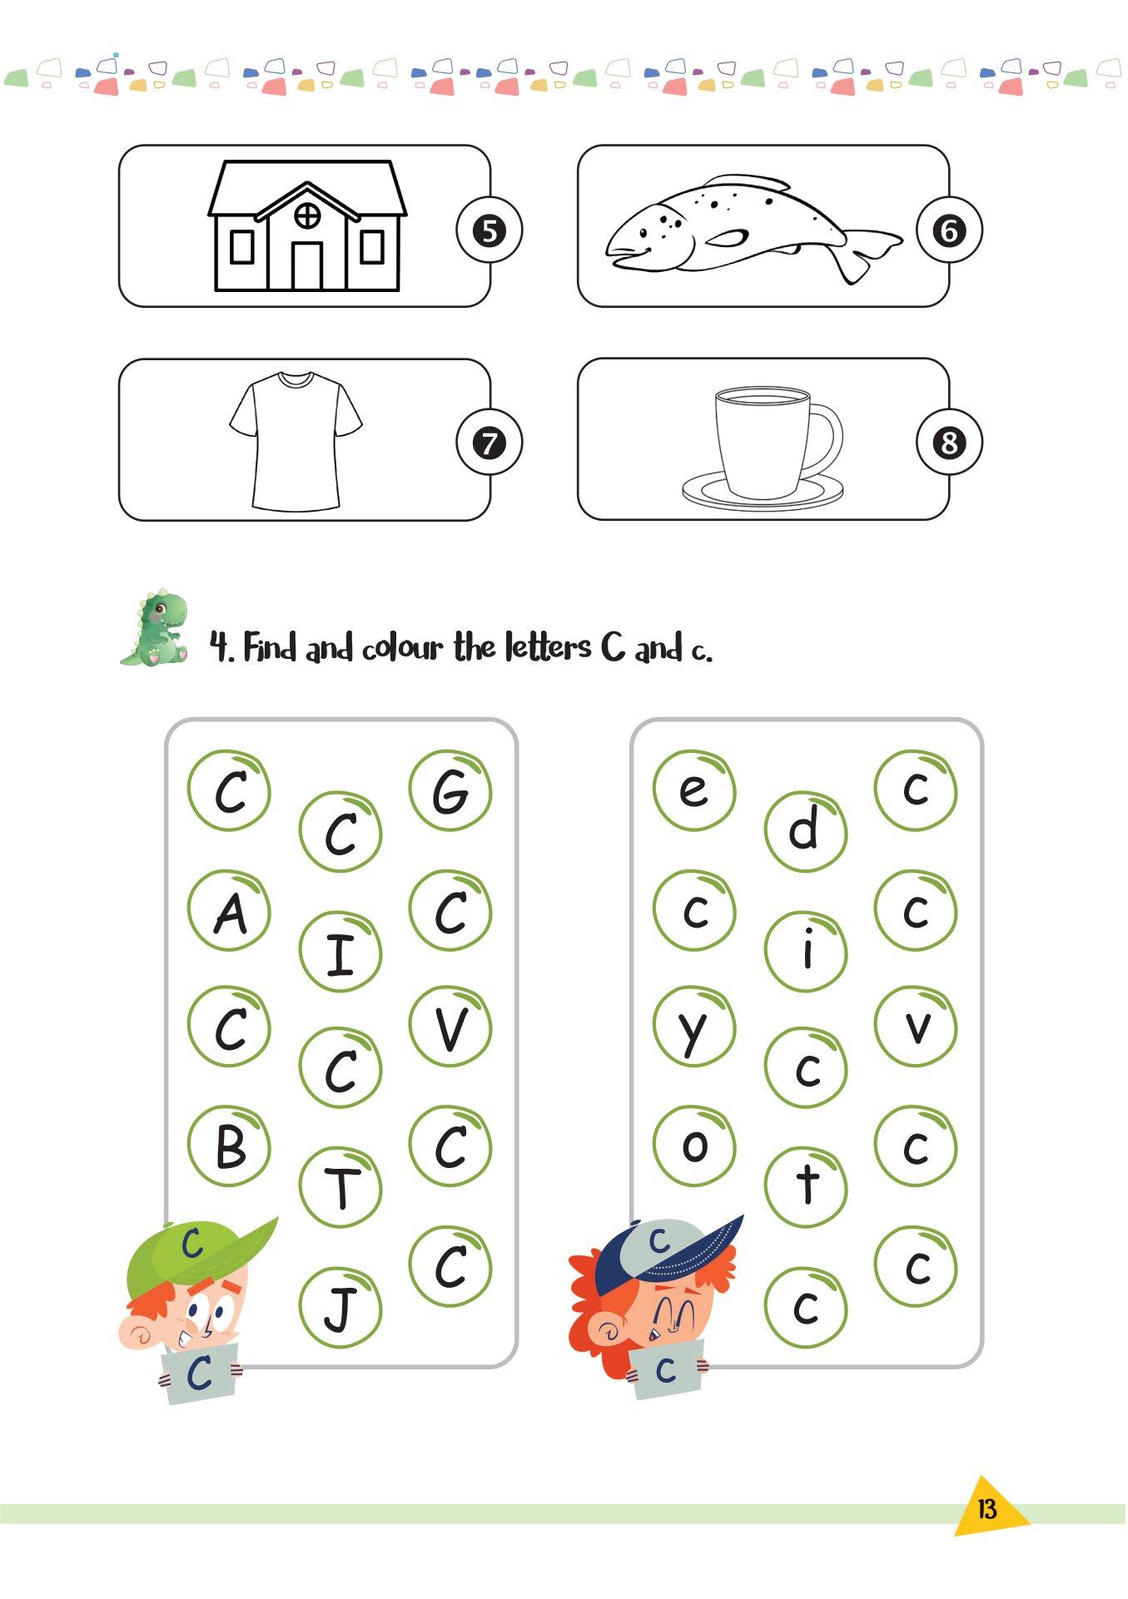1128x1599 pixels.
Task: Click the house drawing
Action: click(x=307, y=225)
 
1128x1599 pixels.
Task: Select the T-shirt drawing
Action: click(x=296, y=441)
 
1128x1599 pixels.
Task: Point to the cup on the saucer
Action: click(x=763, y=448)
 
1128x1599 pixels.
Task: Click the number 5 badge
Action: click(x=489, y=230)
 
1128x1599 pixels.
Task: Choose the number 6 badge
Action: click(x=949, y=230)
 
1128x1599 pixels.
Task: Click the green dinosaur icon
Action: click(x=155, y=628)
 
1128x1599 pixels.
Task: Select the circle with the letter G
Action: click(x=450, y=791)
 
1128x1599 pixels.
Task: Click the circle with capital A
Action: click(x=229, y=911)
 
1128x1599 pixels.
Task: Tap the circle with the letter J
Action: click(x=340, y=1307)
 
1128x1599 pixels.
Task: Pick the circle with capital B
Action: click(x=229, y=1146)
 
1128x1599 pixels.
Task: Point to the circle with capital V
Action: click(x=450, y=1027)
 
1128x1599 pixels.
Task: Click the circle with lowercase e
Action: click(x=694, y=791)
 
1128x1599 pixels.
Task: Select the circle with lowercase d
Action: click(x=806, y=831)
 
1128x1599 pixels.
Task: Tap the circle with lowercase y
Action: click(x=694, y=1027)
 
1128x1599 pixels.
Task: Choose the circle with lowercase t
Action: click(x=806, y=1187)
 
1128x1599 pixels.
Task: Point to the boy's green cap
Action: click(x=200, y=1255)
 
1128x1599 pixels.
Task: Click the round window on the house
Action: click(x=307, y=215)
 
